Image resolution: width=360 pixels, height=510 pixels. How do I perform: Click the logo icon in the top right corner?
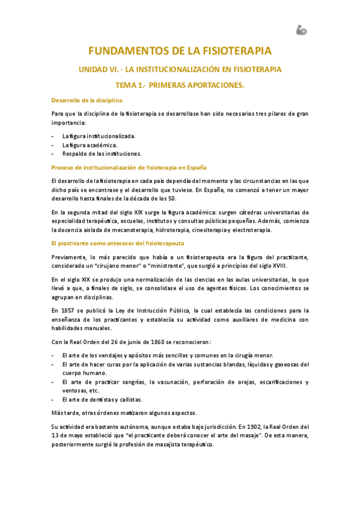coord(301,29)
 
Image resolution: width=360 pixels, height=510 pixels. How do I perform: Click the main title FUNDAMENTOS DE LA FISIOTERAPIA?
coord(180,51)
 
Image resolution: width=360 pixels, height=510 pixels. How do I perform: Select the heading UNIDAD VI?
coord(180,70)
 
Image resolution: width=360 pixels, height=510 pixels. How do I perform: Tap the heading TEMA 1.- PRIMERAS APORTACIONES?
coord(180,86)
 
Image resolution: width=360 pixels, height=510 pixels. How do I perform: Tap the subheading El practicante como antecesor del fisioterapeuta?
coord(118,243)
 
